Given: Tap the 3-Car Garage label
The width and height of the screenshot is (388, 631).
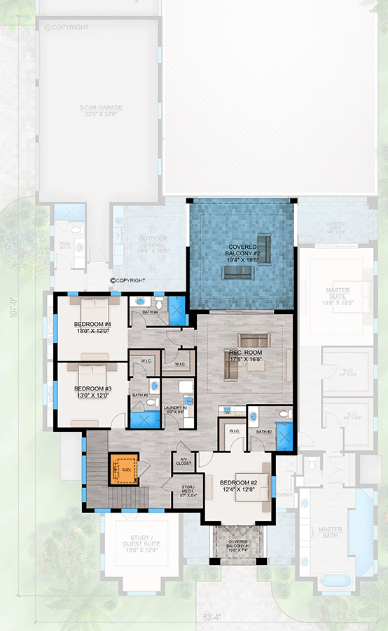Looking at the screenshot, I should (100, 111).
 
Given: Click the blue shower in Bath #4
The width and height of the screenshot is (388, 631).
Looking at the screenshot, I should (176, 309).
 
